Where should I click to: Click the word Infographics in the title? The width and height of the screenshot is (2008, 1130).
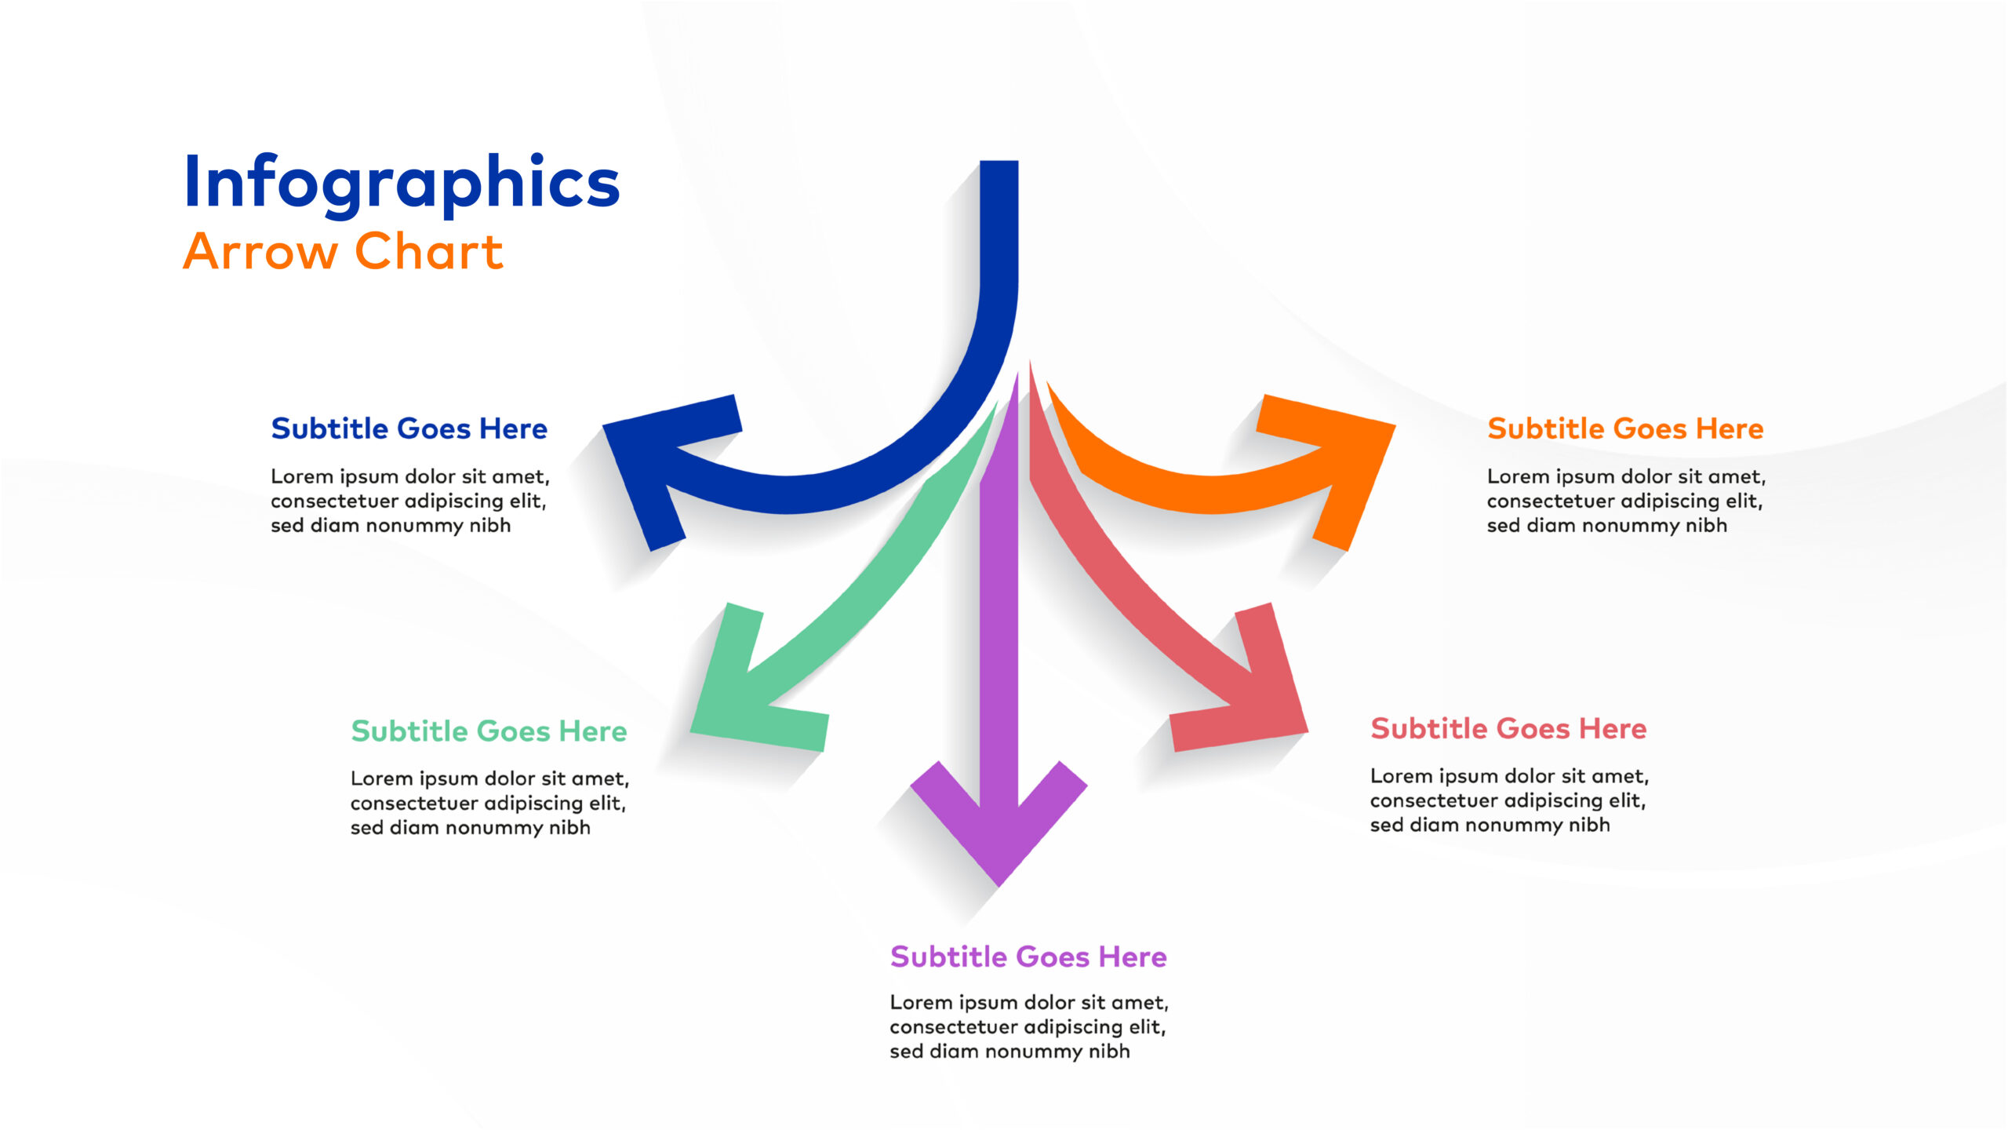tap(402, 183)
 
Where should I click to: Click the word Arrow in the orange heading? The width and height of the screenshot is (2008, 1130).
tap(260, 252)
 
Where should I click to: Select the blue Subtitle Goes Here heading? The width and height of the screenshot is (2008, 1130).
tap(409, 428)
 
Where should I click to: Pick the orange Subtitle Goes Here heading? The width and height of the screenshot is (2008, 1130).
tap(1625, 428)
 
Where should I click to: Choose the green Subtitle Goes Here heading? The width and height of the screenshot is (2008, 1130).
tap(489, 731)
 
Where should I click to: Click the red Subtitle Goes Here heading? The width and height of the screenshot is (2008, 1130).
tap(1508, 728)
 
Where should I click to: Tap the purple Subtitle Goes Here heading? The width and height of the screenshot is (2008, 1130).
tap(1028, 957)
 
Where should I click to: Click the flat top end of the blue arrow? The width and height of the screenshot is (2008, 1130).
tap(999, 162)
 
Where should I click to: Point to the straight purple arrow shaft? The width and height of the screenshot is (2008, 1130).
tap(999, 596)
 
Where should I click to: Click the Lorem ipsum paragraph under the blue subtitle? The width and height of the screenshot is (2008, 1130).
tap(410, 501)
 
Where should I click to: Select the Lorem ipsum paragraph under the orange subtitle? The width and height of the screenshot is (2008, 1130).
tap(1626, 501)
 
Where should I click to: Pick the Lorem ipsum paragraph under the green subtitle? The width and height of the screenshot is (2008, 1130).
tap(489, 803)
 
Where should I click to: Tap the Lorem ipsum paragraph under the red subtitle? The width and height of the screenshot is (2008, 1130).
tap(1509, 800)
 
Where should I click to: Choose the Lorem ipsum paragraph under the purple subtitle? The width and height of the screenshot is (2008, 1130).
tap(1029, 1026)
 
